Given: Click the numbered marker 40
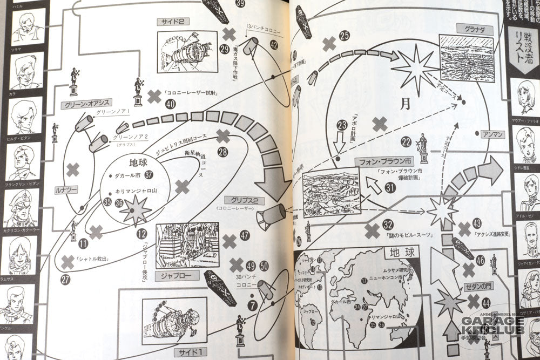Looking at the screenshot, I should pyautogui.click(x=171, y=105).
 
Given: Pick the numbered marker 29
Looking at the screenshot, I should pyautogui.click(x=225, y=49).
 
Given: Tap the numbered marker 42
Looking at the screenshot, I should pyautogui.click(x=274, y=45).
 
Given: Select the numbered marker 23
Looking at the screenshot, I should pyautogui.click(x=342, y=125).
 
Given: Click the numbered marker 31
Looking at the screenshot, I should pyautogui.click(x=390, y=187).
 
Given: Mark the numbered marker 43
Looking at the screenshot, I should pyautogui.click(x=476, y=222).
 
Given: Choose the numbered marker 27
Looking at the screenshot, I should pyautogui.click(x=65, y=279).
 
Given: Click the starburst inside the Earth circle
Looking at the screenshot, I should pyautogui.click(x=135, y=209).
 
